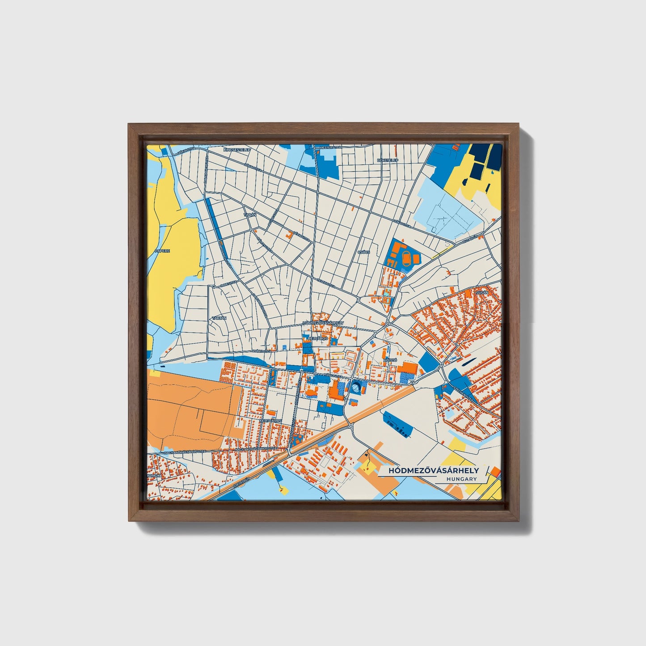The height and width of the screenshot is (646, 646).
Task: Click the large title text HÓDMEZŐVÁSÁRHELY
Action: click(433, 470)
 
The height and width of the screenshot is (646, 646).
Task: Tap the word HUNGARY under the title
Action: click(461, 479)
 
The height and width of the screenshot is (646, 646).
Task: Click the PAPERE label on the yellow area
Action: click(162, 251)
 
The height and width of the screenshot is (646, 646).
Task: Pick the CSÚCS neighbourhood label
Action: click(363, 252)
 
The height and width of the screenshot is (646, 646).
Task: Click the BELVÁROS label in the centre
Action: click(318, 339)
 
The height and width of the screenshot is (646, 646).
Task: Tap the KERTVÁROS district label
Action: click(270, 421)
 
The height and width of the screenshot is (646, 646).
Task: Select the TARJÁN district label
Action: click(219, 318)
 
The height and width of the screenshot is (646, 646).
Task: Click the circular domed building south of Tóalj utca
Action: click(356, 388)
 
